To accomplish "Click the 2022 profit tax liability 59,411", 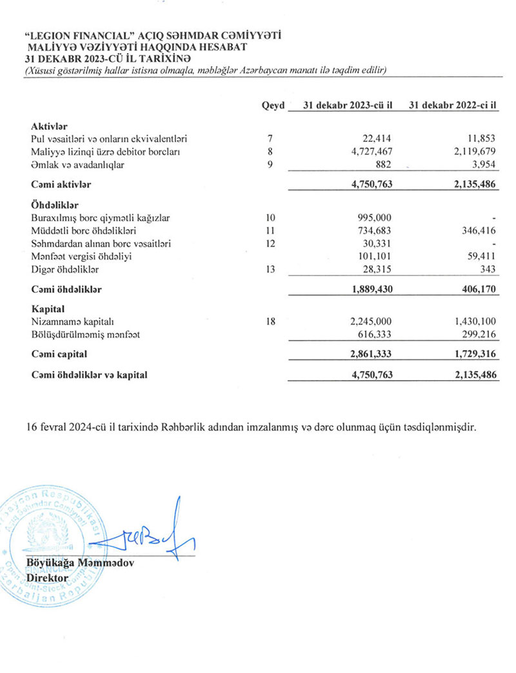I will coord(483,257).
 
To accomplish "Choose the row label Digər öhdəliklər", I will coord(64,270).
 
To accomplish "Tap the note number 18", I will coord(272,321).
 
